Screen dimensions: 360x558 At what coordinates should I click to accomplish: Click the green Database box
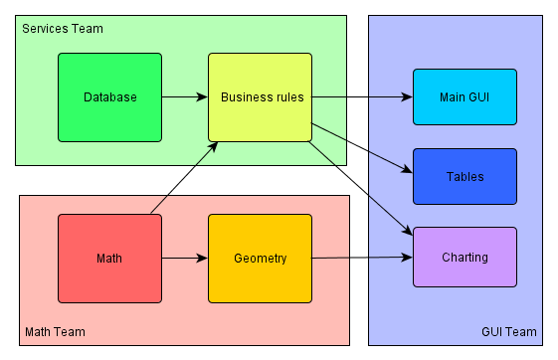tap(109, 97)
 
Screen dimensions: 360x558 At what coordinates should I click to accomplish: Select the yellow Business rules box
tap(260, 97)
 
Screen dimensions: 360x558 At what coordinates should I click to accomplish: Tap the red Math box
tap(109, 259)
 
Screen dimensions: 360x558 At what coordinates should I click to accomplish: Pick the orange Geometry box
tap(260, 259)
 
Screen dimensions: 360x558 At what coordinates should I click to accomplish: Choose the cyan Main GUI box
tap(465, 97)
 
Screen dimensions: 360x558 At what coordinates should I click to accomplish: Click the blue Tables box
tap(465, 177)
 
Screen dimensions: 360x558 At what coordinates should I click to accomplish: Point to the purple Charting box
tap(465, 258)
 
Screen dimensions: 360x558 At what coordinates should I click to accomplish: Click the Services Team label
tap(63, 29)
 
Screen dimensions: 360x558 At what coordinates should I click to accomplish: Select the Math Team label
tap(55, 331)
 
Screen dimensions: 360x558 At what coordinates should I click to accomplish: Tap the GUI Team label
tap(508, 331)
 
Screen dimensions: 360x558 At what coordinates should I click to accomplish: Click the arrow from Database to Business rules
tap(184, 97)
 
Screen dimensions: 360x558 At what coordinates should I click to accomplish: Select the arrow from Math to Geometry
tap(184, 259)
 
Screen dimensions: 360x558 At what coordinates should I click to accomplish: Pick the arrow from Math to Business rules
tap(184, 177)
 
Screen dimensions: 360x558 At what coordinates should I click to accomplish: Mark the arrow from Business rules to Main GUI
tap(362, 97)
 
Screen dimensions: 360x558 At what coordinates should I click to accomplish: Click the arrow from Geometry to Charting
tap(362, 259)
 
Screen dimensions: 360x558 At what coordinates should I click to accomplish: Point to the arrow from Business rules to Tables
tap(362, 148)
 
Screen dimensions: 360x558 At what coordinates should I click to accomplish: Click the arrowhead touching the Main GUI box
tap(407, 97)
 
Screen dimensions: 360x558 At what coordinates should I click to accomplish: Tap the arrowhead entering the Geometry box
tap(202, 259)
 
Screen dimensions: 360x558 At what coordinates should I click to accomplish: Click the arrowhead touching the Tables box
tap(407, 171)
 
